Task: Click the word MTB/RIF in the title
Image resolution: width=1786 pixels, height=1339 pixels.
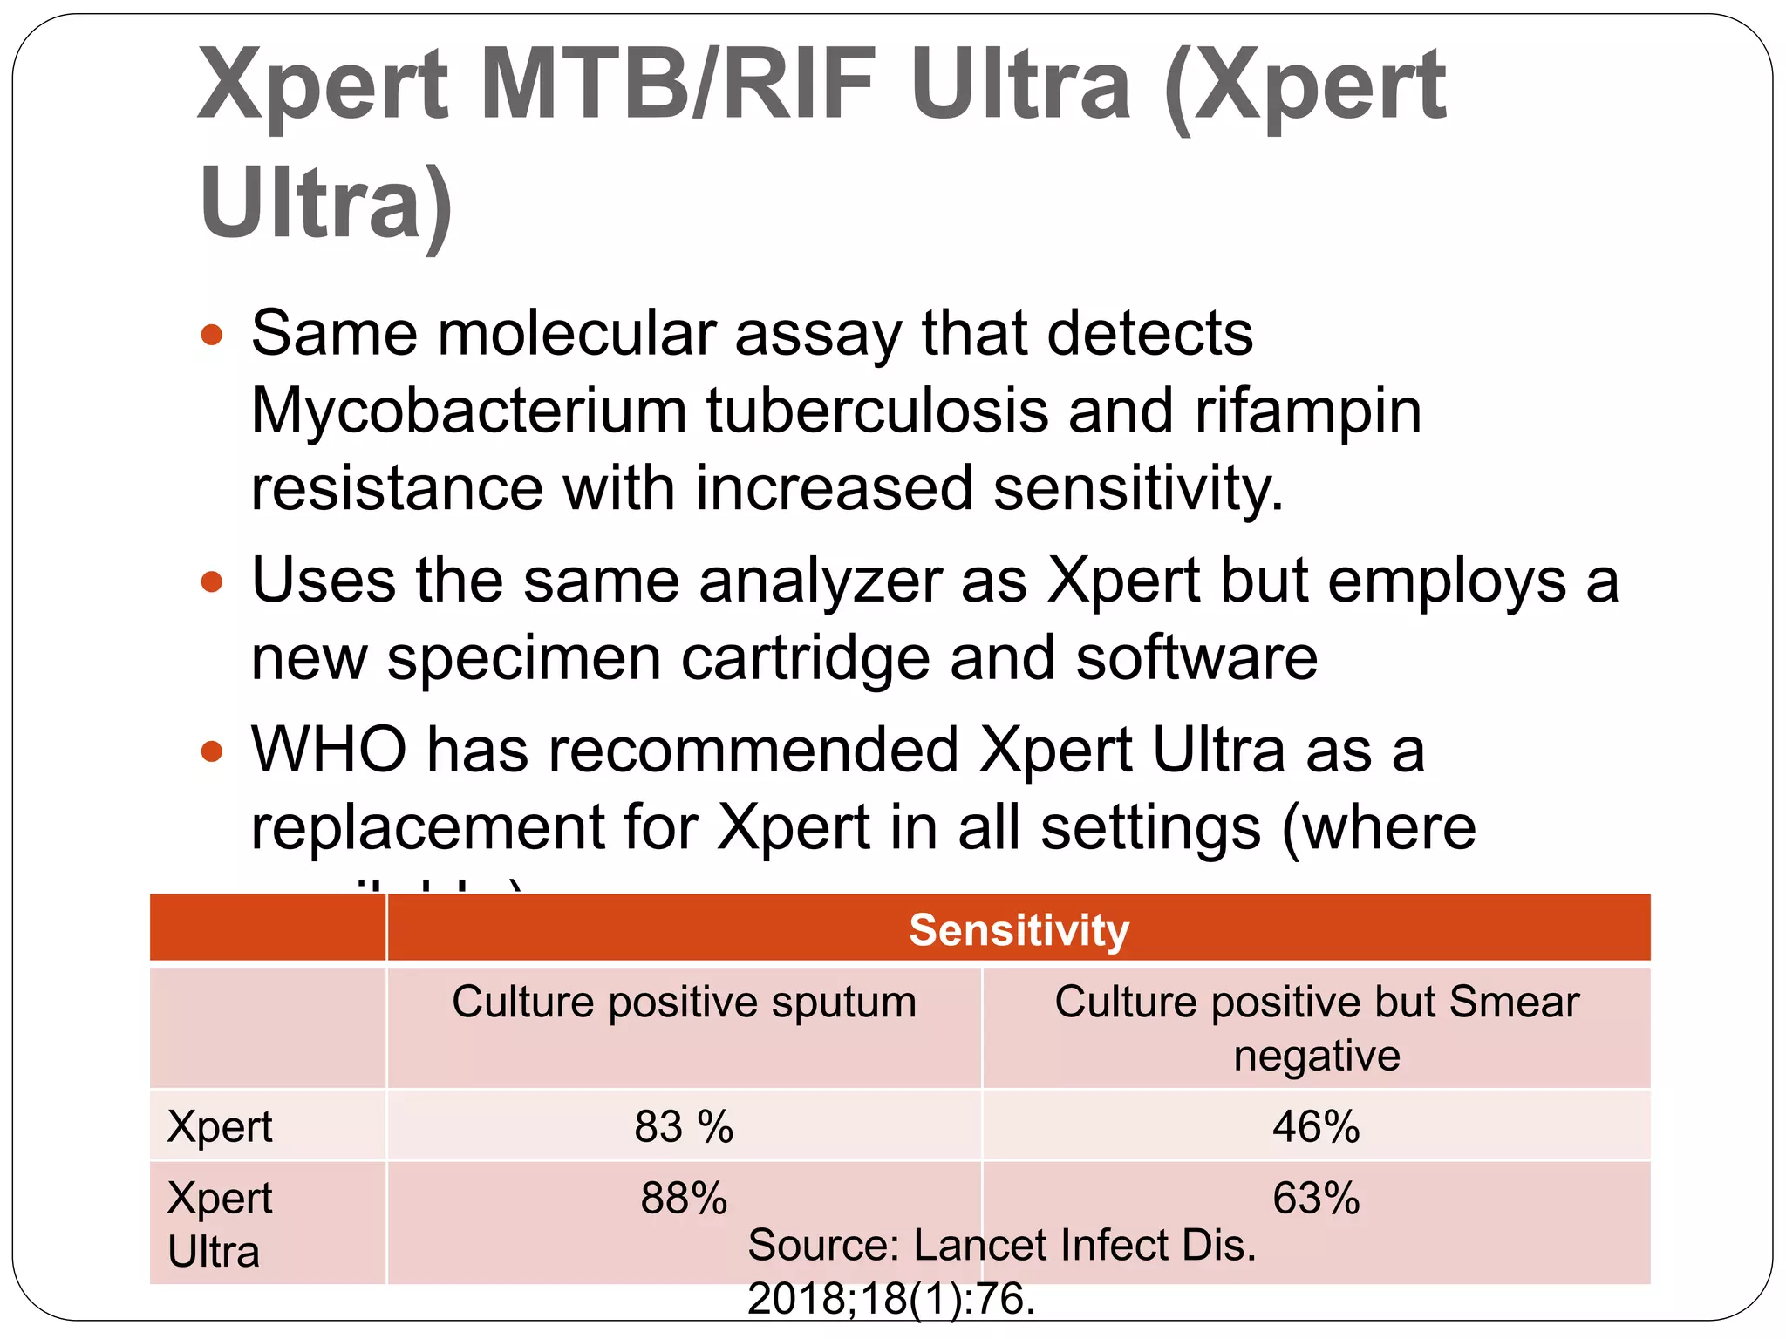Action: [678, 85]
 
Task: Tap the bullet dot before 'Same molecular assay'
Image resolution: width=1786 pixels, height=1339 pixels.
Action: [212, 335]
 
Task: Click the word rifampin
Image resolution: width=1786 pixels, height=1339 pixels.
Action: [1308, 411]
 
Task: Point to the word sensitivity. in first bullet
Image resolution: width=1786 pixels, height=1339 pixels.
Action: [1138, 488]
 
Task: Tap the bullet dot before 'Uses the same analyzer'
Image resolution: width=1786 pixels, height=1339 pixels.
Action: [212, 581]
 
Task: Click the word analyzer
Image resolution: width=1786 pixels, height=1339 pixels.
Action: [819, 581]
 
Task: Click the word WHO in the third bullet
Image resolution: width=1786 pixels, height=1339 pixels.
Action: [329, 750]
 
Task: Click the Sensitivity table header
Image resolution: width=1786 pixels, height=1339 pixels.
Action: [1019, 929]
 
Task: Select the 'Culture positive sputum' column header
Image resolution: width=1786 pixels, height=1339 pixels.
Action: [684, 1002]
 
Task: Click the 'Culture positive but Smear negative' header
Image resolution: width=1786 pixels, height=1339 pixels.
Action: [1316, 1028]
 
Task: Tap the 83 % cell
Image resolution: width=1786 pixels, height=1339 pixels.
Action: [684, 1126]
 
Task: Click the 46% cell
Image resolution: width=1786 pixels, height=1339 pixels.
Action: [1316, 1126]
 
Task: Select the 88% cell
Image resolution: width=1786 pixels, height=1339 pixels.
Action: [684, 1198]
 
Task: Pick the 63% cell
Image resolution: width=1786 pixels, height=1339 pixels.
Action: [1316, 1198]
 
